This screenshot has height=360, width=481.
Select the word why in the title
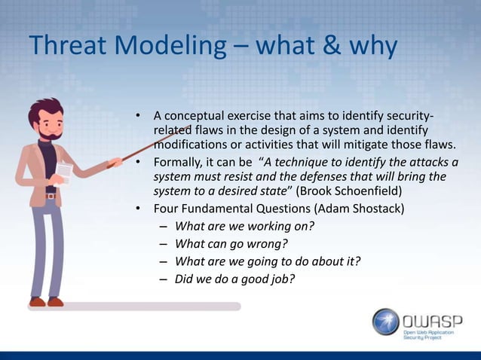[x=370, y=47]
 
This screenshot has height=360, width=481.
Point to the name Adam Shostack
[x=361, y=209]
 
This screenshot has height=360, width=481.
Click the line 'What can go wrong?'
[x=231, y=244]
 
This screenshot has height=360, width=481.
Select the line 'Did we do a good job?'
[x=234, y=279]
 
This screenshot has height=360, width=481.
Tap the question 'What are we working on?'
[x=244, y=226]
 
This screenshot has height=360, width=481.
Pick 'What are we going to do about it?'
[x=268, y=261]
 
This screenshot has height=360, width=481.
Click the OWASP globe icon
[x=386, y=321]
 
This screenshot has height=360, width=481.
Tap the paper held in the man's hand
[x=65, y=172]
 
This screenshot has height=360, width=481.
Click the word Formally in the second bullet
[x=179, y=162]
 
